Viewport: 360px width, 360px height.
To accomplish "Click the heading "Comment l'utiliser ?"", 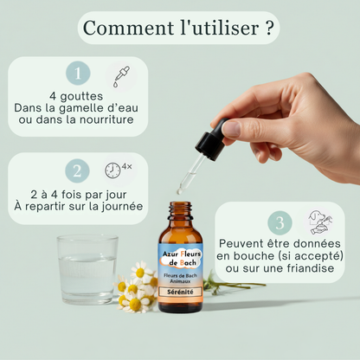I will click(180, 27).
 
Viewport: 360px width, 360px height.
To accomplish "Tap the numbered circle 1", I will click(79, 74).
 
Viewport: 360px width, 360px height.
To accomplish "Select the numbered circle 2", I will click(77, 170).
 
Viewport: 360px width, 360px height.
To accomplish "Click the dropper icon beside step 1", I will click(119, 74).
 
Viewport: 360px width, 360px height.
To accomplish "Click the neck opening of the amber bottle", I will click(181, 208).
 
